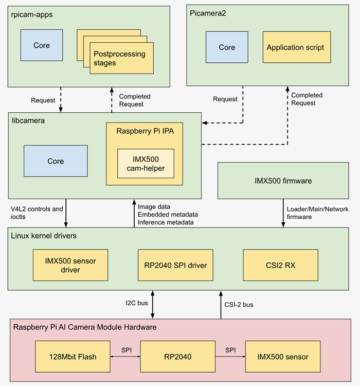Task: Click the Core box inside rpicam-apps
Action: pyautogui.click(x=42, y=45)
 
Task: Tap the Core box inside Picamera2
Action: pyautogui.click(x=227, y=47)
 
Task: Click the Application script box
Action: pyautogui.click(x=295, y=47)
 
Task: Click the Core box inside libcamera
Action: pyautogui.click(x=56, y=161)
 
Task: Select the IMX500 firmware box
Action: pyautogui.click(x=283, y=181)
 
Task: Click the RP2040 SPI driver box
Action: pyautogui.click(x=176, y=265)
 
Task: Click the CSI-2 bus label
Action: pyautogui.click(x=240, y=304)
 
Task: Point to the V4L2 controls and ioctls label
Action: pyautogui.click(x=37, y=213)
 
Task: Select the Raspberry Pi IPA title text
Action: pyautogui.click(x=145, y=131)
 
